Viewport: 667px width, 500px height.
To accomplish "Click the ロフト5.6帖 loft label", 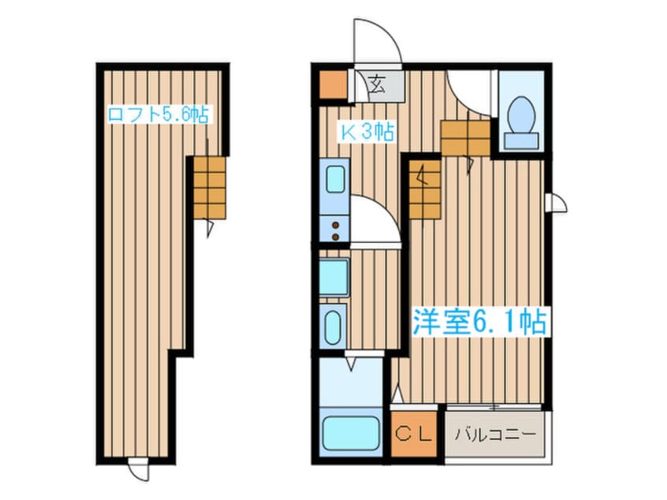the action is click(158, 114).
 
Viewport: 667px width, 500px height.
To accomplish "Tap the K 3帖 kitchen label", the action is click(367, 132).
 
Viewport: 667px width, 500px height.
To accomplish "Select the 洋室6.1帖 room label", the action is click(479, 321).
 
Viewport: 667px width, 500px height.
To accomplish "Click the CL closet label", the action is click(413, 434).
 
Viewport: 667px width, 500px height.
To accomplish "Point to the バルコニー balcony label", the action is click(494, 435).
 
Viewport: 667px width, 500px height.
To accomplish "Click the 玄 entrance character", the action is click(376, 84).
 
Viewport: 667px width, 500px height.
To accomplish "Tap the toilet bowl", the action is click(521, 114).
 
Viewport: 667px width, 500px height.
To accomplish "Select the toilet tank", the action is click(521, 140).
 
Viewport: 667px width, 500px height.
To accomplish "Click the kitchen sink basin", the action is click(336, 179).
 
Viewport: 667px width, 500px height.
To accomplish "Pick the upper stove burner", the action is click(336, 225).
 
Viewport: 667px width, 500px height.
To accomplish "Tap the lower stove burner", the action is click(336, 237).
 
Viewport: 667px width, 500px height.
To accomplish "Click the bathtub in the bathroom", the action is click(351, 433).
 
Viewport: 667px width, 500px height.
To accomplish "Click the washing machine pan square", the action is click(334, 277).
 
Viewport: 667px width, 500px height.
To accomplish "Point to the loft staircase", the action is click(210, 188).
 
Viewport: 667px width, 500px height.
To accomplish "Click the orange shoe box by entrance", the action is click(333, 85).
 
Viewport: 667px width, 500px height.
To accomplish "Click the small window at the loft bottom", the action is click(139, 468).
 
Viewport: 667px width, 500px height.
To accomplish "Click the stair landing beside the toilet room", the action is click(466, 138).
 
